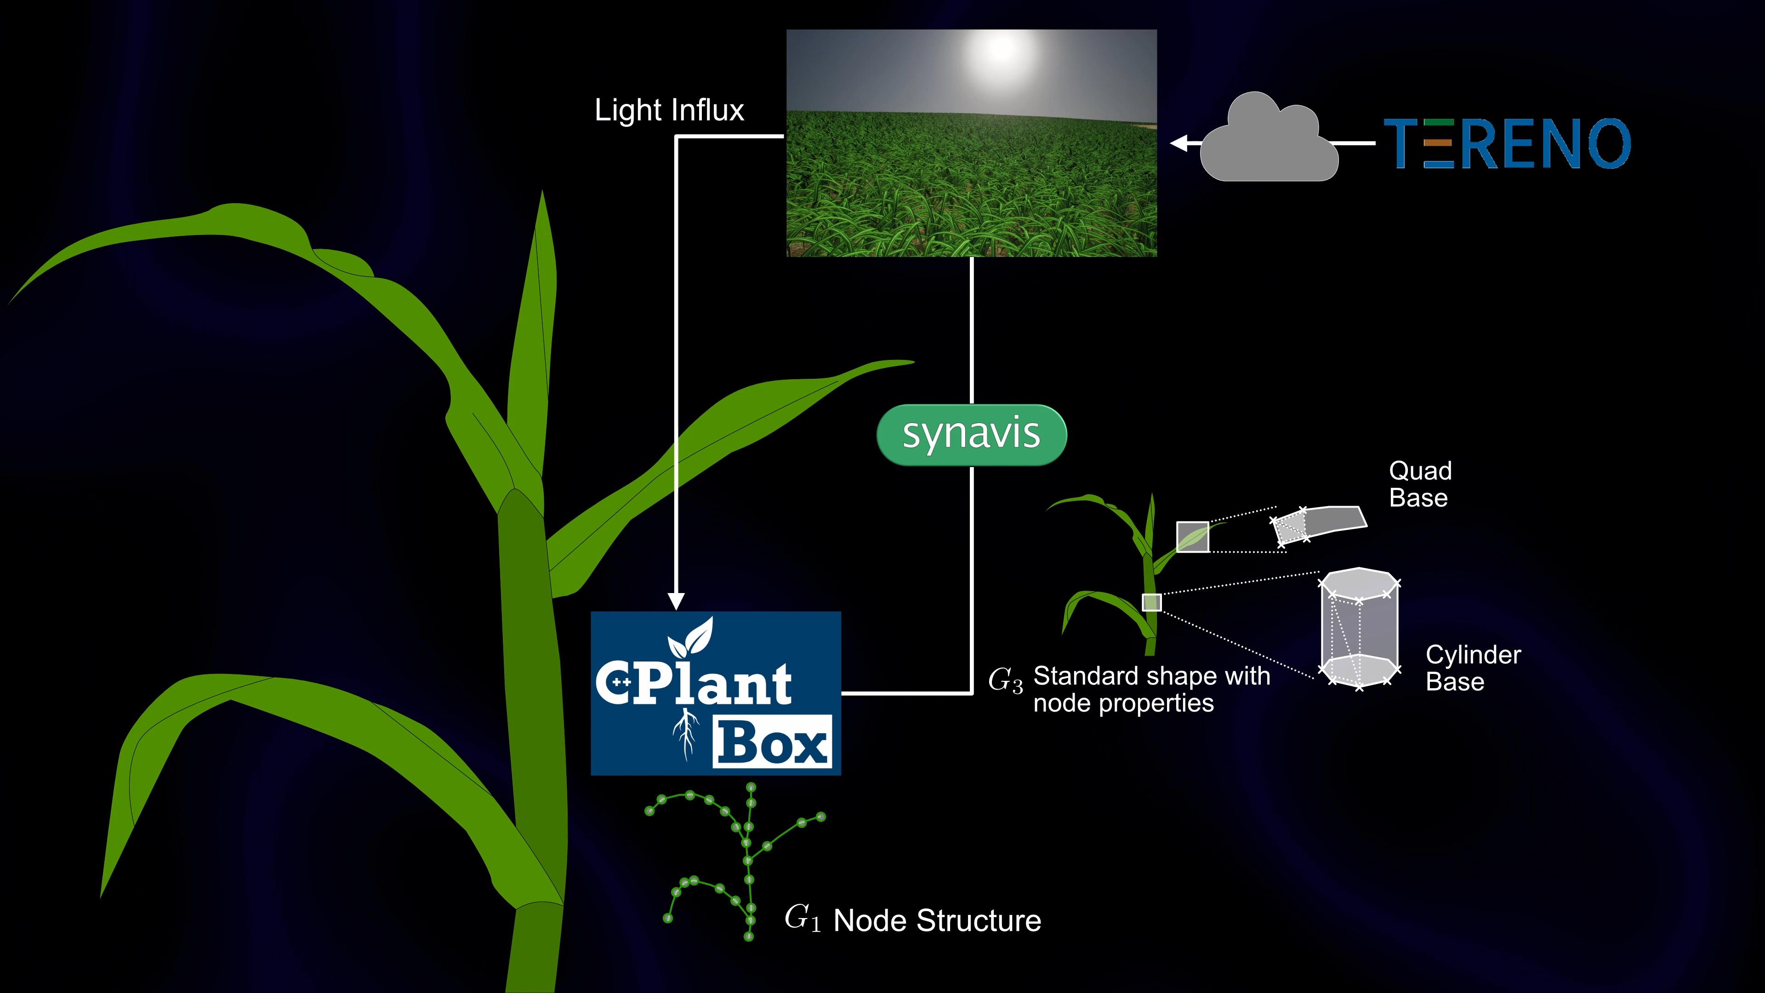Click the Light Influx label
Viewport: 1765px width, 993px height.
(x=669, y=110)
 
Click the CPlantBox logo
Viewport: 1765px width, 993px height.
(x=715, y=693)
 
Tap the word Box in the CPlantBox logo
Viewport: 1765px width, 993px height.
(x=772, y=742)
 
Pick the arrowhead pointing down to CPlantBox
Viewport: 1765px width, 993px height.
(x=676, y=600)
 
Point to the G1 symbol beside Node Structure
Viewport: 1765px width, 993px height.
(x=802, y=919)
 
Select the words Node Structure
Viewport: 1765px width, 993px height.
(x=937, y=920)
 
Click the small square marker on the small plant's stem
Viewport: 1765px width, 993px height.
(x=1152, y=602)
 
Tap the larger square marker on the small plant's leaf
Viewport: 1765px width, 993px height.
(x=1192, y=536)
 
